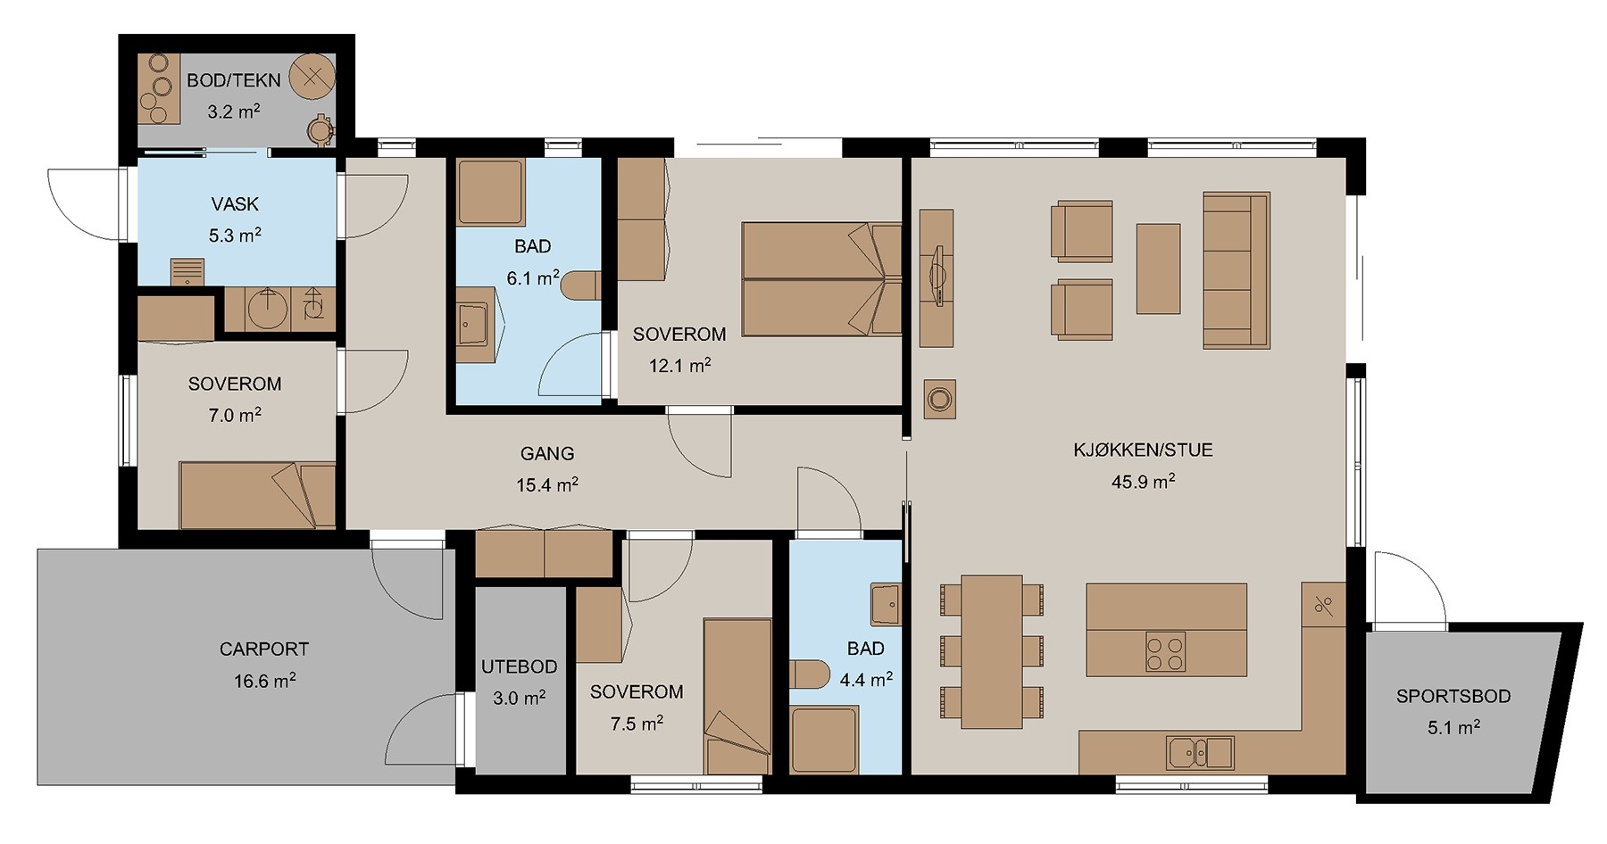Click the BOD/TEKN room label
[x=234, y=80]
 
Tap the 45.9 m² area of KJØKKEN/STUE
[x=1143, y=482]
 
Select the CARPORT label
[x=264, y=650]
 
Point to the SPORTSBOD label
[x=1453, y=697]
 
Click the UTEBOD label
[x=519, y=666]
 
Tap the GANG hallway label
[x=547, y=453]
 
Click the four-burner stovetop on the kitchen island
[x=1165, y=651]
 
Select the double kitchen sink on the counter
[x=1200, y=753]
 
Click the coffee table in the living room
[x=1158, y=269]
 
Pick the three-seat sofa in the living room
[x=1236, y=269]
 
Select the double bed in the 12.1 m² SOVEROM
[x=821, y=279]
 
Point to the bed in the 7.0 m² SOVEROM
[x=257, y=495]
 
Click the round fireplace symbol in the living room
[x=939, y=399]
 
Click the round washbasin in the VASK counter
[x=267, y=309]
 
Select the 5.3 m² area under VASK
[x=235, y=236]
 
